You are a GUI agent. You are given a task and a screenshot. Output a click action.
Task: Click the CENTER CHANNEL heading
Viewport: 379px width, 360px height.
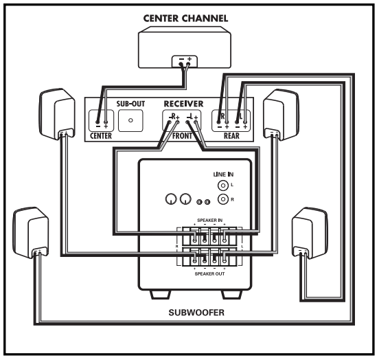[185, 19]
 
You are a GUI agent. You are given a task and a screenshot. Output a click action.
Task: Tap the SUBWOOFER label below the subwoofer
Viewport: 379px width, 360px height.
[196, 313]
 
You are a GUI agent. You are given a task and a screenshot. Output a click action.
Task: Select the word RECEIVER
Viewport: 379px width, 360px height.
[183, 104]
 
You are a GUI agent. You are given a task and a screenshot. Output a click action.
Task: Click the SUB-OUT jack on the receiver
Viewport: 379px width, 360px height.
[130, 120]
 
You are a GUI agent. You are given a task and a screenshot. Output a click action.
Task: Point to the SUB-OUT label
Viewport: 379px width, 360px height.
[130, 104]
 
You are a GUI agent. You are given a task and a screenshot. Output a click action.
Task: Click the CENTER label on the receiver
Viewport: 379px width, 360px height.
[101, 136]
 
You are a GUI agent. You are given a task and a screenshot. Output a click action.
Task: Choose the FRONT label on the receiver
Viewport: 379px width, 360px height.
[182, 136]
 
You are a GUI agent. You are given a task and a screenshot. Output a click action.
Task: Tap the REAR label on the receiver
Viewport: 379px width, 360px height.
[231, 136]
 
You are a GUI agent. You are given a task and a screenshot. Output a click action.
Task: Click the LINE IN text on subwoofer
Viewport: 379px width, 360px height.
[223, 175]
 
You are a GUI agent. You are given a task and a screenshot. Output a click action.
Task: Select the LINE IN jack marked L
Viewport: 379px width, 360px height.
[223, 185]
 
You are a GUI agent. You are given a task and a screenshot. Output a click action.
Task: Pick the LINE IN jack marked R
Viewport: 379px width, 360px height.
[223, 199]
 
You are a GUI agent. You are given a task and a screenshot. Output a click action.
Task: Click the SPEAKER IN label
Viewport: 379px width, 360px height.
[209, 220]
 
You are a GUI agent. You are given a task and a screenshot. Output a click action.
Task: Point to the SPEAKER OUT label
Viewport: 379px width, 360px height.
[209, 274]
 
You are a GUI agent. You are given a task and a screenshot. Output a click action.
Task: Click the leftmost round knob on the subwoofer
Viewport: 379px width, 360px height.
[171, 199]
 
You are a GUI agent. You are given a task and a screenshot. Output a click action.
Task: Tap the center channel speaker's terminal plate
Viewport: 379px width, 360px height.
[185, 61]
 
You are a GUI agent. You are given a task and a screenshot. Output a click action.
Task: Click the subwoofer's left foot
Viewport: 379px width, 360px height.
[160, 295]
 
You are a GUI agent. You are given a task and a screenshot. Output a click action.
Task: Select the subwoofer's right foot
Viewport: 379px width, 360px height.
[232, 295]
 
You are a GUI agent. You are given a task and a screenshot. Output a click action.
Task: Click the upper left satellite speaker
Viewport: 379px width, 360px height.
[57, 114]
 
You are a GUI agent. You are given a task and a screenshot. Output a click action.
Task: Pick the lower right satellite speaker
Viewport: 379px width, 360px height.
[310, 233]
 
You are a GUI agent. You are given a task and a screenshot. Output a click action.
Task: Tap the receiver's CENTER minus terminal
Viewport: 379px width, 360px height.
[97, 122]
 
